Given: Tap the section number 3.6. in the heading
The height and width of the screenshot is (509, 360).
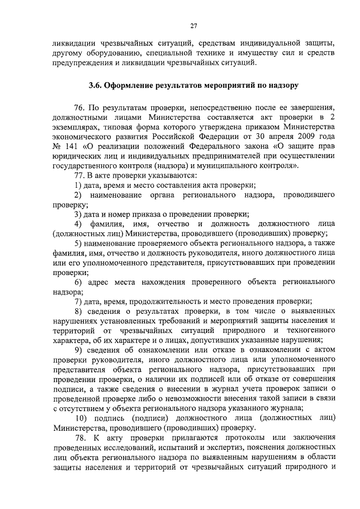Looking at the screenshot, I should coord(96,86).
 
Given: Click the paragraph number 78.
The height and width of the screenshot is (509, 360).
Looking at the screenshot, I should coord(79,438).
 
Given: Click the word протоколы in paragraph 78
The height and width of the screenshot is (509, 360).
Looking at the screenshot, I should coord(229,438).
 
